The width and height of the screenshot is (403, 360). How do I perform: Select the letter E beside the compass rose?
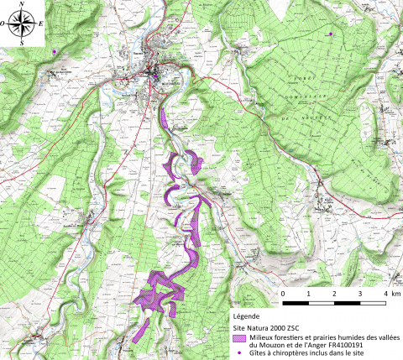43,25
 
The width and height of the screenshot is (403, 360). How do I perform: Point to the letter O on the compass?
8,25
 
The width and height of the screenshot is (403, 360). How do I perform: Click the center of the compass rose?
27,25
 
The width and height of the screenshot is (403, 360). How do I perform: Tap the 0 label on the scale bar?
283,294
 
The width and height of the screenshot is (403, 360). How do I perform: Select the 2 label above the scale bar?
334,294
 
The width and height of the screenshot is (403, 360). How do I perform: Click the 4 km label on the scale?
389,294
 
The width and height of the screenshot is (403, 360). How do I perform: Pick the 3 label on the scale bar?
359,294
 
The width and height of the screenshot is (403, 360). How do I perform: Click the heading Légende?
247,316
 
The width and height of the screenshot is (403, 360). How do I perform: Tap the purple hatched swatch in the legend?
241,337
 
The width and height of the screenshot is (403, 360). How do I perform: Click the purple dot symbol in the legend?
242,353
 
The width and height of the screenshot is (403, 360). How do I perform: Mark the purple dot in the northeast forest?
332,34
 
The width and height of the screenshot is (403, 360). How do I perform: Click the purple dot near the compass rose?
55,52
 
